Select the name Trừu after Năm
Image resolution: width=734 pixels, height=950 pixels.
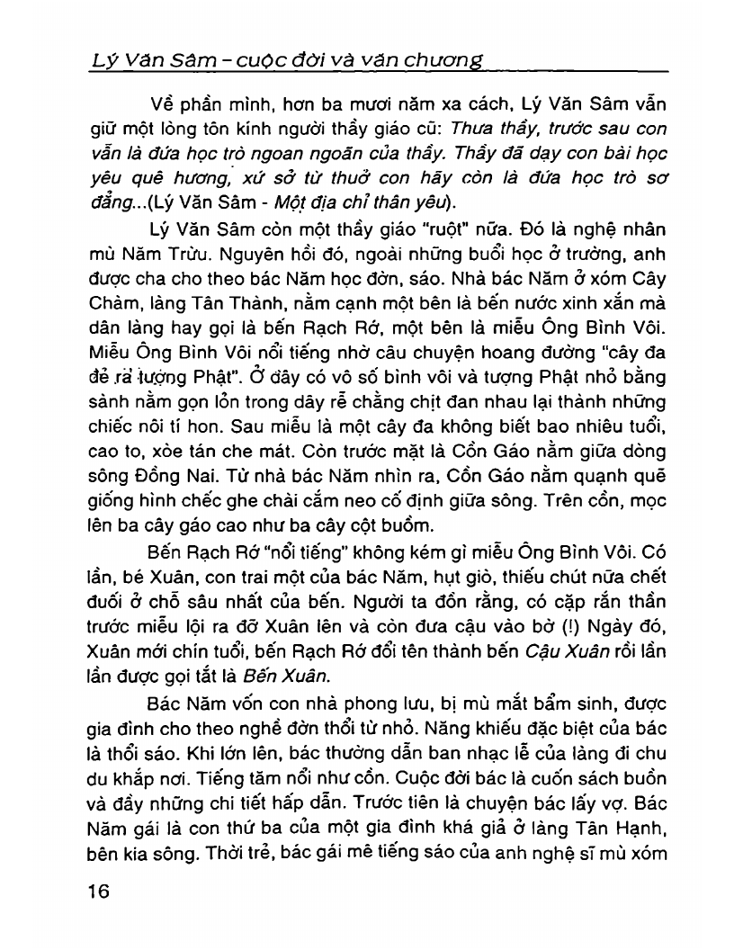tap(212, 255)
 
